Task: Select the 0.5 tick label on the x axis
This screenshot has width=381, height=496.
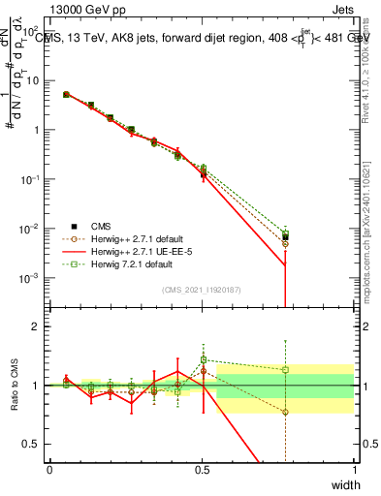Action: click(x=202, y=470)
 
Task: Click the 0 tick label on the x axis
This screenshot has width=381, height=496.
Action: click(x=49, y=470)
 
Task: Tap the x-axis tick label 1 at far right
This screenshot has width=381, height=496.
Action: click(x=354, y=470)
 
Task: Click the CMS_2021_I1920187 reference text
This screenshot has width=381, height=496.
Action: click(x=202, y=289)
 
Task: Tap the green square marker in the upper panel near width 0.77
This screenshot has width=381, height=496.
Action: click(x=285, y=232)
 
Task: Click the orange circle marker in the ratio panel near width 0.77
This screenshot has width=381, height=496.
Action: click(x=285, y=412)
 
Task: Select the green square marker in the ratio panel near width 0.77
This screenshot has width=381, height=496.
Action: click(x=285, y=369)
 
